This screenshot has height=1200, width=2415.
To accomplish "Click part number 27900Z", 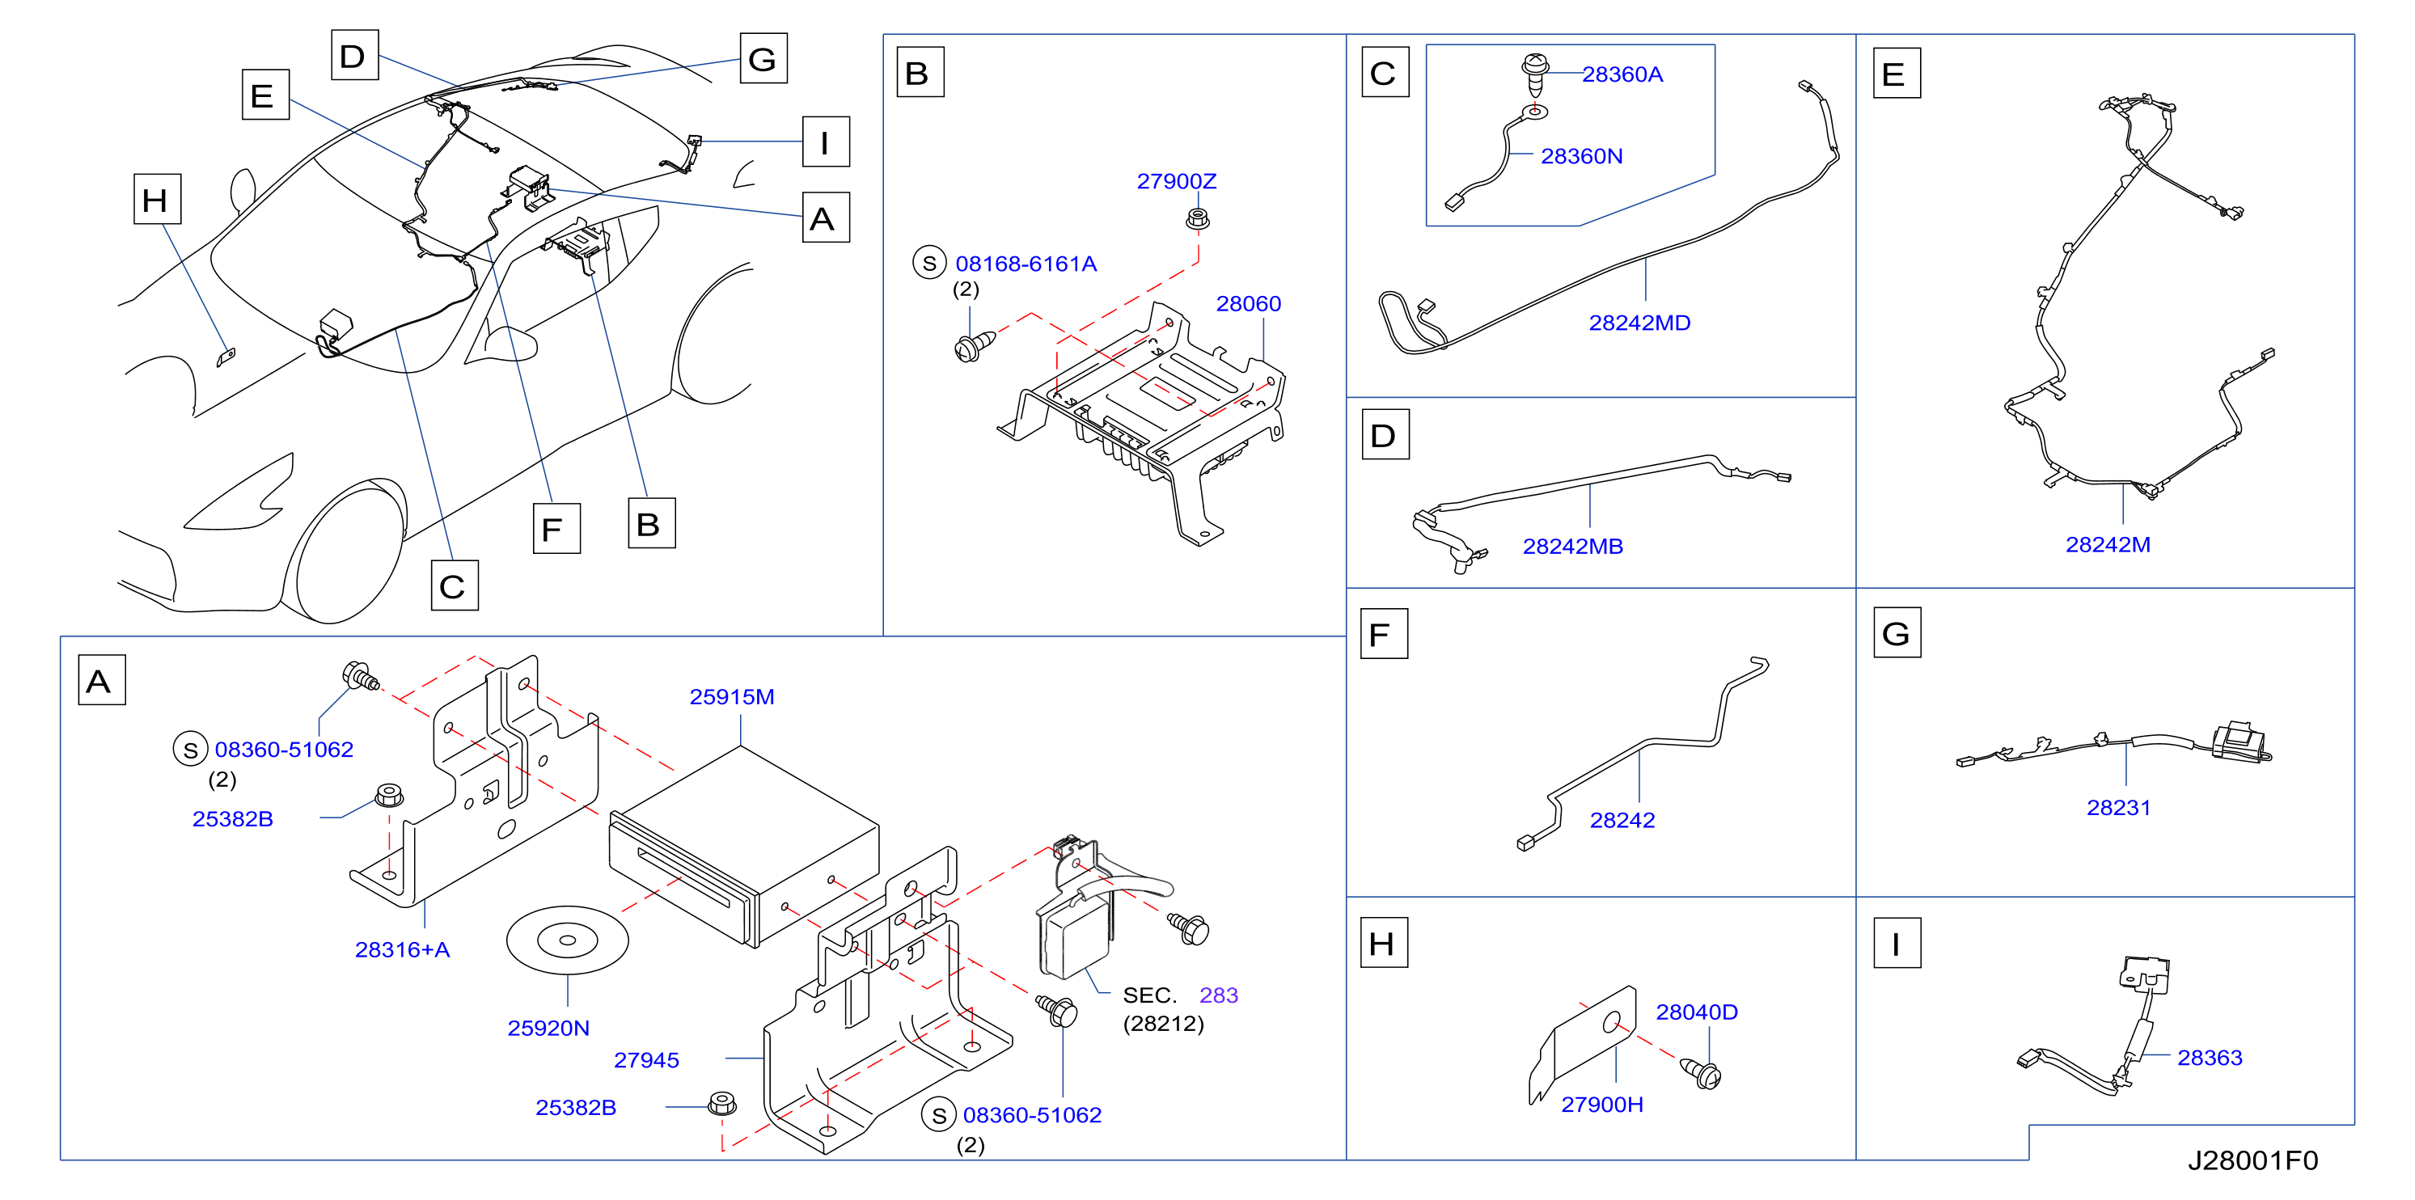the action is (1176, 181).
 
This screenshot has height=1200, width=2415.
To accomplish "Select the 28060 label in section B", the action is (1248, 304).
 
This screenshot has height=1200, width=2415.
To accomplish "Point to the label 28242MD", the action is (1639, 323).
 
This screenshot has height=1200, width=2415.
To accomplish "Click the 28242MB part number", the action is (1572, 546).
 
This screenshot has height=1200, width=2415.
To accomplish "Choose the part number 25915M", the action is (731, 696).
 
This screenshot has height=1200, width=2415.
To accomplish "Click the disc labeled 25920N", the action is (567, 940).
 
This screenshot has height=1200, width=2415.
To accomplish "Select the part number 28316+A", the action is (402, 949).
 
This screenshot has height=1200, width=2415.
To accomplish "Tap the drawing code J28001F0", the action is (2252, 1160).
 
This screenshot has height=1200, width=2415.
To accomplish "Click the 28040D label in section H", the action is (1696, 1012).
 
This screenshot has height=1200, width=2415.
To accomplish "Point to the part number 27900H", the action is (1601, 1105).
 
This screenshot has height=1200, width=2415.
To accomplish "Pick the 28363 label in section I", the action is (2209, 1058).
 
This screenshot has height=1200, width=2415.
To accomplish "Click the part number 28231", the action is (2118, 807).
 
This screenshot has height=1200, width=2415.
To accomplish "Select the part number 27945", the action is (646, 1060).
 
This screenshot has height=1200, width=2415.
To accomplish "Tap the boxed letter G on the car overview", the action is (763, 58).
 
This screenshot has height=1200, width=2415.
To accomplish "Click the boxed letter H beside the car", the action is (157, 199).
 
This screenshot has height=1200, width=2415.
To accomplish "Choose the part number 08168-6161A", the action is (1026, 264).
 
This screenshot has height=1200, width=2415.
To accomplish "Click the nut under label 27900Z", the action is (1197, 219).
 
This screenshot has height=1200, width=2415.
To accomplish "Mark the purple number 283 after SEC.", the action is (1218, 995).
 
